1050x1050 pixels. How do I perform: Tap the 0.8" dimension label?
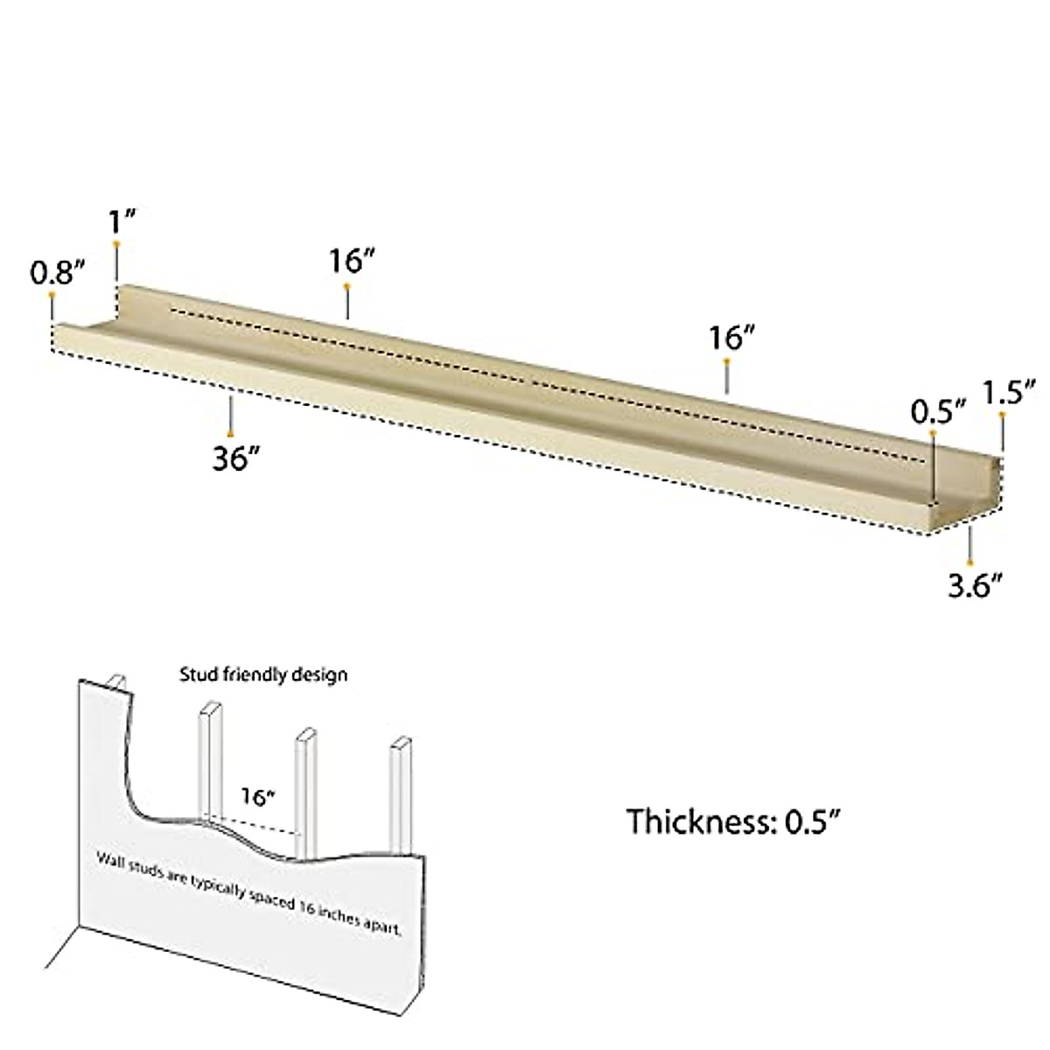pyautogui.click(x=58, y=273)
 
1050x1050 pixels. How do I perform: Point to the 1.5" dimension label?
pyautogui.click(x=1009, y=392)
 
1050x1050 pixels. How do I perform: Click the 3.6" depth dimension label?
pyautogui.click(x=975, y=584)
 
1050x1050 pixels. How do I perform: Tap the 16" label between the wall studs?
pyautogui.click(x=258, y=797)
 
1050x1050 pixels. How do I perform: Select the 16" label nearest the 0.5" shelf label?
pyautogui.click(x=731, y=337)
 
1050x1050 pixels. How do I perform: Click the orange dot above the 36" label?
pyautogui.click(x=230, y=433)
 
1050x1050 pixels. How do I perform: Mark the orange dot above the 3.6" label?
pyautogui.click(x=969, y=561)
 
